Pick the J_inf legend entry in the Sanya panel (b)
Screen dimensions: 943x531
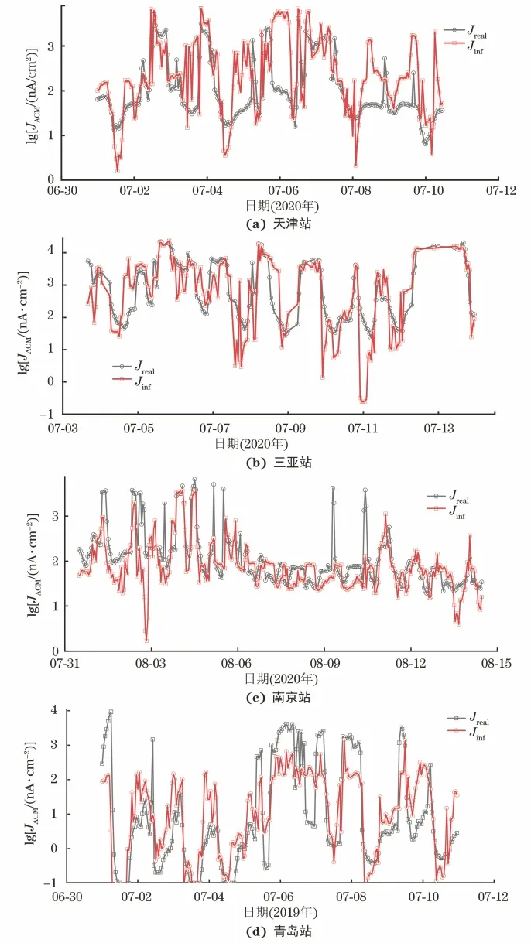point(132,380)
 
